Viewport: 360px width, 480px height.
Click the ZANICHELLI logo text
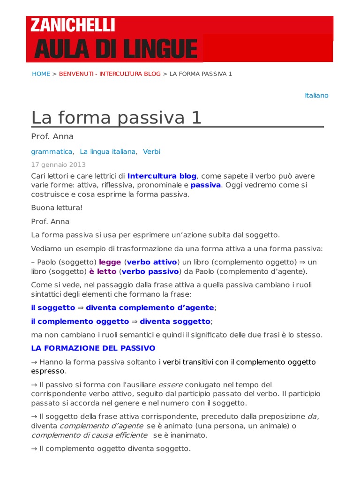(73, 25)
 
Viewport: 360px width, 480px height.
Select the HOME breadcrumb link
(41, 74)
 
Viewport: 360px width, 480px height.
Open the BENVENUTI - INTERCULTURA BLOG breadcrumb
(110, 74)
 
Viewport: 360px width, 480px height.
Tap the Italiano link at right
(316, 96)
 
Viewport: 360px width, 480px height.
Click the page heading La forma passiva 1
(116, 117)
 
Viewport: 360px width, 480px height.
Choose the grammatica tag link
(52, 151)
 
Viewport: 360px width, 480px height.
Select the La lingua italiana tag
(108, 151)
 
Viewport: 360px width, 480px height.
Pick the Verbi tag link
(151, 151)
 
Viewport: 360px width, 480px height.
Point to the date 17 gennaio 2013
(59, 165)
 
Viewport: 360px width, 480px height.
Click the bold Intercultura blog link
(162, 176)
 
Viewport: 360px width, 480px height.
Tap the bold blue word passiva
(205, 185)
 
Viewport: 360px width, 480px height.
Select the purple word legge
(110, 262)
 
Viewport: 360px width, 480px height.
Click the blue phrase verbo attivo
(152, 262)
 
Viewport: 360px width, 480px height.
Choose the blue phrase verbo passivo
(150, 271)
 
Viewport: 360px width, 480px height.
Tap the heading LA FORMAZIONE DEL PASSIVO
(93, 348)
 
